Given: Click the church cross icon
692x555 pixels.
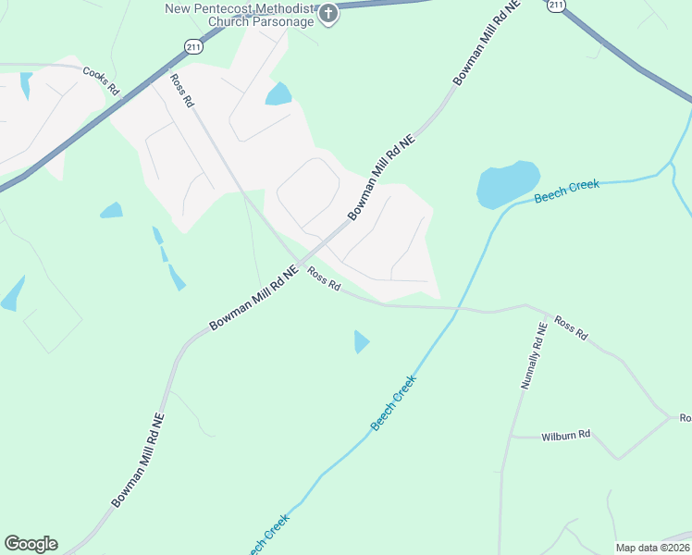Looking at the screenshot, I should click(x=328, y=14).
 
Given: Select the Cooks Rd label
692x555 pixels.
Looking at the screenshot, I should click(x=102, y=80).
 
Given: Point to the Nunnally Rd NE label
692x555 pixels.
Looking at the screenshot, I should click(x=534, y=355).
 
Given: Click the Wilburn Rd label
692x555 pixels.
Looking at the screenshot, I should click(x=565, y=434).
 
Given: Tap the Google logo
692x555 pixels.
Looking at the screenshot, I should click(x=31, y=544).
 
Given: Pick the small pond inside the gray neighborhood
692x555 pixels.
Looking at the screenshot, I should click(x=278, y=94).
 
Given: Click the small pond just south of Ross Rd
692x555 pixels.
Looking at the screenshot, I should click(x=361, y=341).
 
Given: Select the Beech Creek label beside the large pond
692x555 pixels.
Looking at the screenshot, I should click(x=567, y=192).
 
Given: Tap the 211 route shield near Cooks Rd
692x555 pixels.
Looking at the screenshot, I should click(x=192, y=46).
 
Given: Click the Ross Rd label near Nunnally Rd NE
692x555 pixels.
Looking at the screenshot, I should click(x=571, y=328).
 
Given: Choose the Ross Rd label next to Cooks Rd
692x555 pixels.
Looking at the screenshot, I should click(x=182, y=91).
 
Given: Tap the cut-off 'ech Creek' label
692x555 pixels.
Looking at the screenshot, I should click(x=268, y=534).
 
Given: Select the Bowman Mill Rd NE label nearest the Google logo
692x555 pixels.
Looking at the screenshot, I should click(x=138, y=460).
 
